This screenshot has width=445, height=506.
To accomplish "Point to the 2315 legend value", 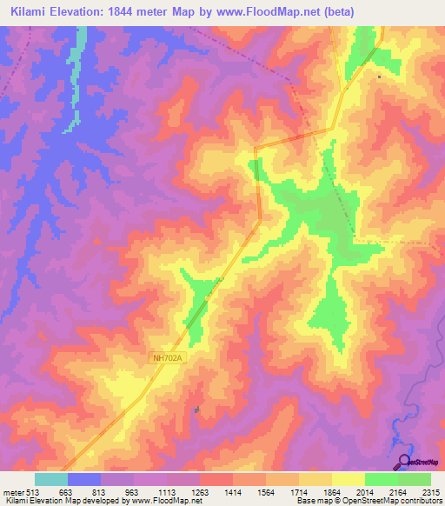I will pyautogui.click(x=432, y=491).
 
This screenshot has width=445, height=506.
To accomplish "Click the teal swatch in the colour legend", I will pyautogui.click(x=50, y=479).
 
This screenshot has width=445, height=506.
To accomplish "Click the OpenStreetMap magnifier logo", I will pyautogui.click(x=404, y=462).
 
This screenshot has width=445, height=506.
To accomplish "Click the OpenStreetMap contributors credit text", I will pyautogui.click(x=374, y=502).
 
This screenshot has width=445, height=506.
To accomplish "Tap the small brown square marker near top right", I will pyautogui.click(x=379, y=76).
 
